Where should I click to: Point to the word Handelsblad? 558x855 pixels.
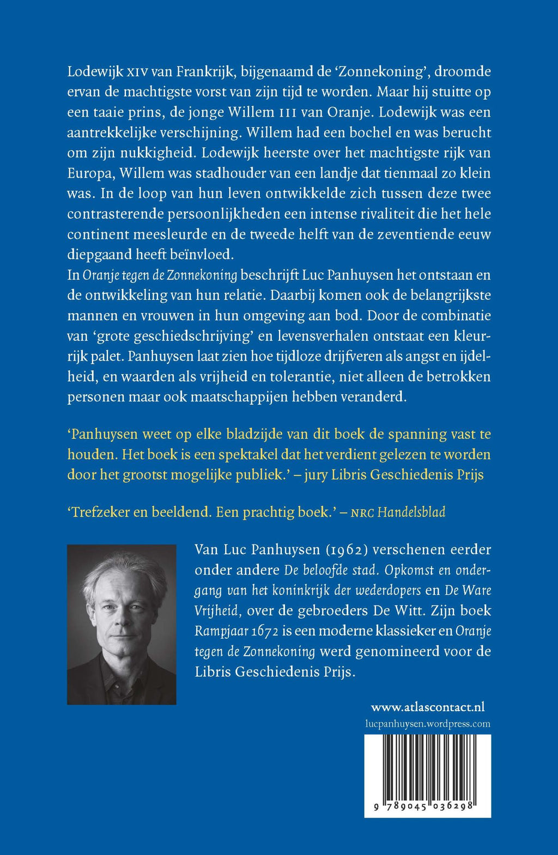[x=411, y=512]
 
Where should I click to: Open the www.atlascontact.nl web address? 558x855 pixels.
[x=428, y=707]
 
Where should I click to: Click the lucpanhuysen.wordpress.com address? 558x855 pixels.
[x=428, y=724]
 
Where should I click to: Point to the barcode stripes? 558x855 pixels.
[x=428, y=768]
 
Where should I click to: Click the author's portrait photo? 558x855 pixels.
[x=122, y=625]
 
